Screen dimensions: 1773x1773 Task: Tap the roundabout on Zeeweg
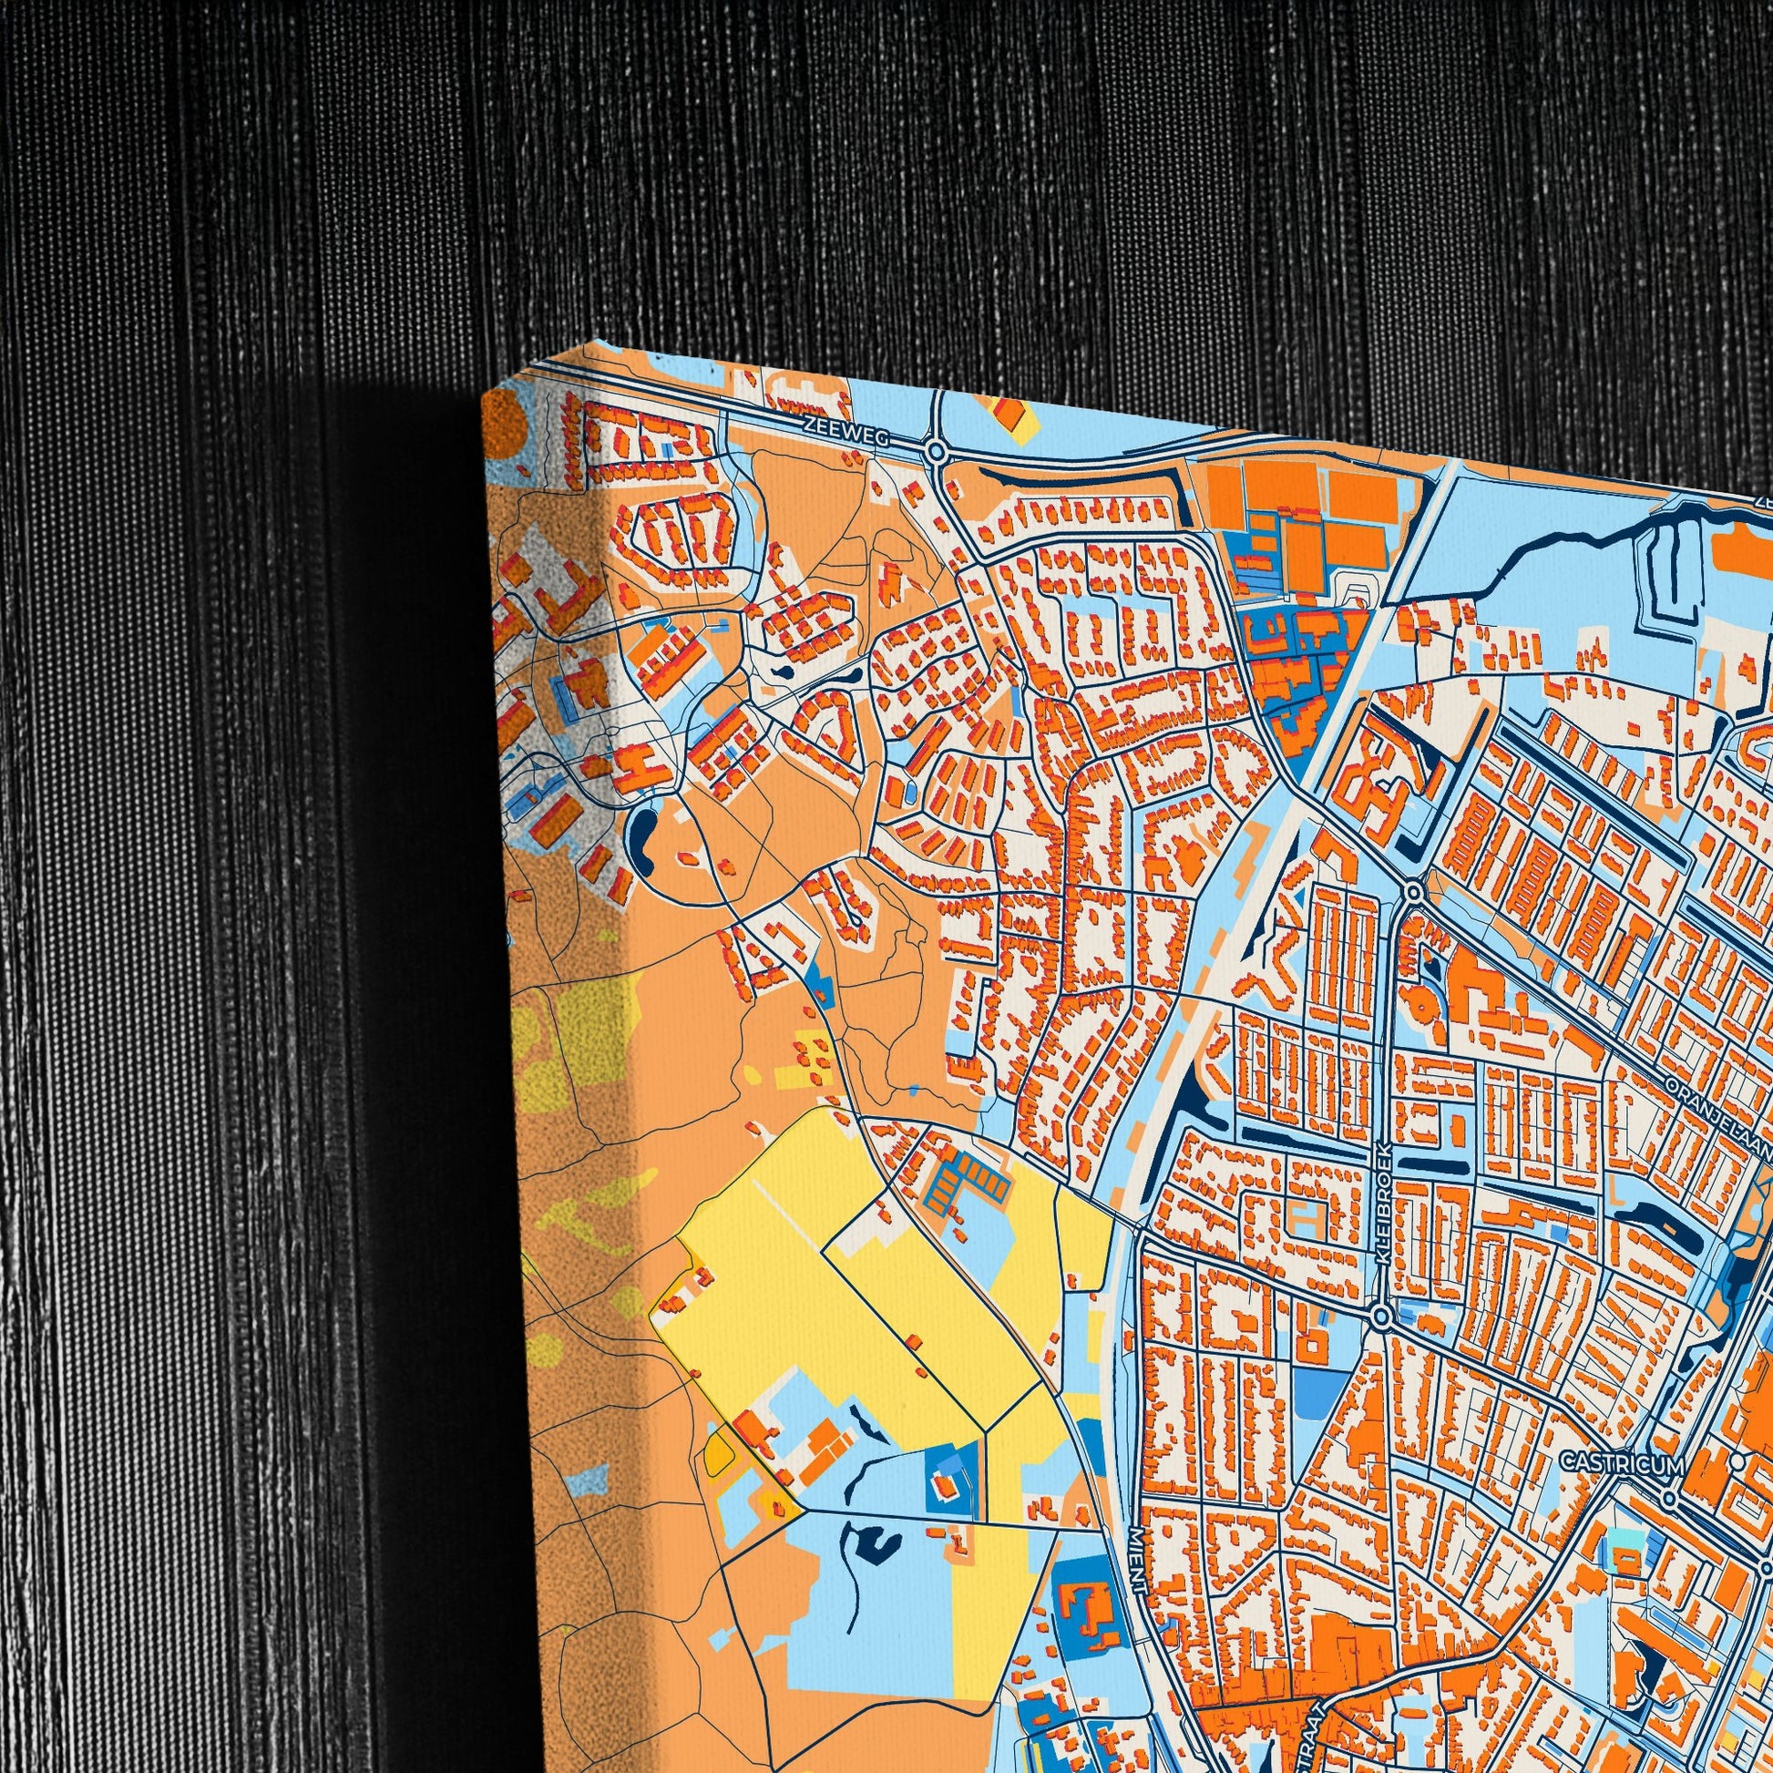(936, 452)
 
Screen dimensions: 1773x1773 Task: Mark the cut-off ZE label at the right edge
(1764, 502)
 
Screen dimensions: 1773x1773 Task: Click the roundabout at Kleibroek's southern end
(1380, 1317)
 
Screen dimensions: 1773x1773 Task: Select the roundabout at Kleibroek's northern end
(1414, 892)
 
